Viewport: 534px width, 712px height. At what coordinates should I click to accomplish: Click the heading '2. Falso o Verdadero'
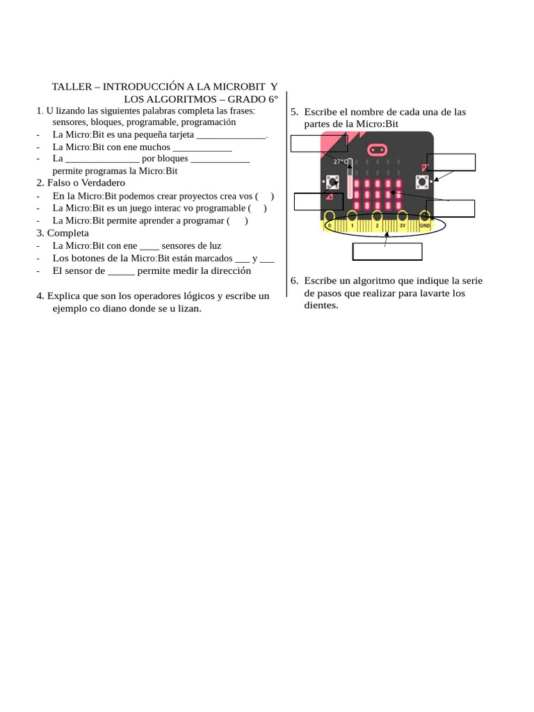81,182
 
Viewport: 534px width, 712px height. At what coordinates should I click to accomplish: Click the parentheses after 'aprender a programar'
237,220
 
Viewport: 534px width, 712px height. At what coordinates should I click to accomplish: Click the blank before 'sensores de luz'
149,246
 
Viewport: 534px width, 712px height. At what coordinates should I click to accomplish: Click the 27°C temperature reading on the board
340,161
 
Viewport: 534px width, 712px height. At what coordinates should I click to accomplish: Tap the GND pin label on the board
424,226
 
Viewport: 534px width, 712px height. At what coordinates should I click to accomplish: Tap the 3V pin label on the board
402,226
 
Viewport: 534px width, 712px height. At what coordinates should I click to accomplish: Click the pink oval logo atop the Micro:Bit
377,149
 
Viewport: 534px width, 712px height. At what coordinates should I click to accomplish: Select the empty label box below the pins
387,252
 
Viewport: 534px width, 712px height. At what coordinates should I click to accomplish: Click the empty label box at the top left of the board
318,143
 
